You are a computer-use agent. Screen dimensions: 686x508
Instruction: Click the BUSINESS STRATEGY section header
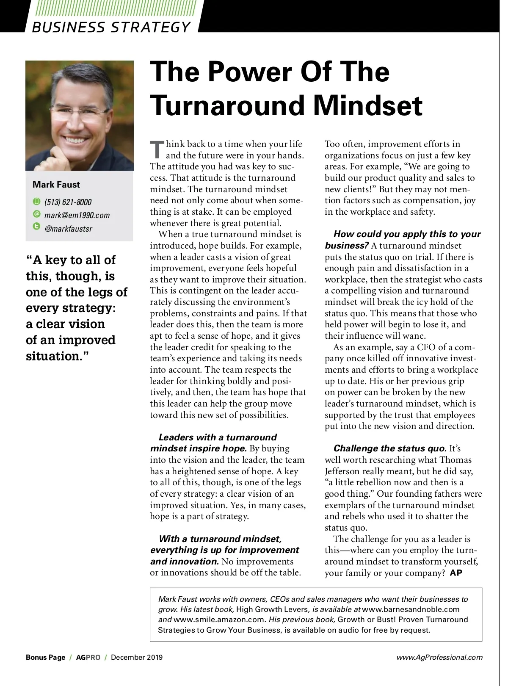pos(111,27)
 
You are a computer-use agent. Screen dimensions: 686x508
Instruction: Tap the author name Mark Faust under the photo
pos(56,185)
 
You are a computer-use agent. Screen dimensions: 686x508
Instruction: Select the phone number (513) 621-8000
pos(68,202)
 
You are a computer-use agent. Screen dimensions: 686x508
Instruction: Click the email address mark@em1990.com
pos(77,215)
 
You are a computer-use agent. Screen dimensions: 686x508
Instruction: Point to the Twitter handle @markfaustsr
pos(68,229)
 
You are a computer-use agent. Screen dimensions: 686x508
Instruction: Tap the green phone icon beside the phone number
pos(36,201)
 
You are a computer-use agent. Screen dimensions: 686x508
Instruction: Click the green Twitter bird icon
pos(36,227)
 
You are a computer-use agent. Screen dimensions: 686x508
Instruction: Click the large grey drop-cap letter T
pos(157,149)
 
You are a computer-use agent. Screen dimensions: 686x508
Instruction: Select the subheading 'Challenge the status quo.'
pos(390,448)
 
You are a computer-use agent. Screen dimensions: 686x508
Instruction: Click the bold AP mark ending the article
pos(456,573)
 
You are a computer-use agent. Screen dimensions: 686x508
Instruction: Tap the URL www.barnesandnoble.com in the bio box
pos(411,609)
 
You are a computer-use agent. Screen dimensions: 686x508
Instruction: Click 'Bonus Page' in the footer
pos(45,658)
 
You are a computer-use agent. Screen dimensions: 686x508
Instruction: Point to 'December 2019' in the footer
pos(137,658)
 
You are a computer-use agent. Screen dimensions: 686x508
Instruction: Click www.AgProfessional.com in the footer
pos(439,658)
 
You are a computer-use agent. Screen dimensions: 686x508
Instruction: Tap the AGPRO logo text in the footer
pos(88,658)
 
